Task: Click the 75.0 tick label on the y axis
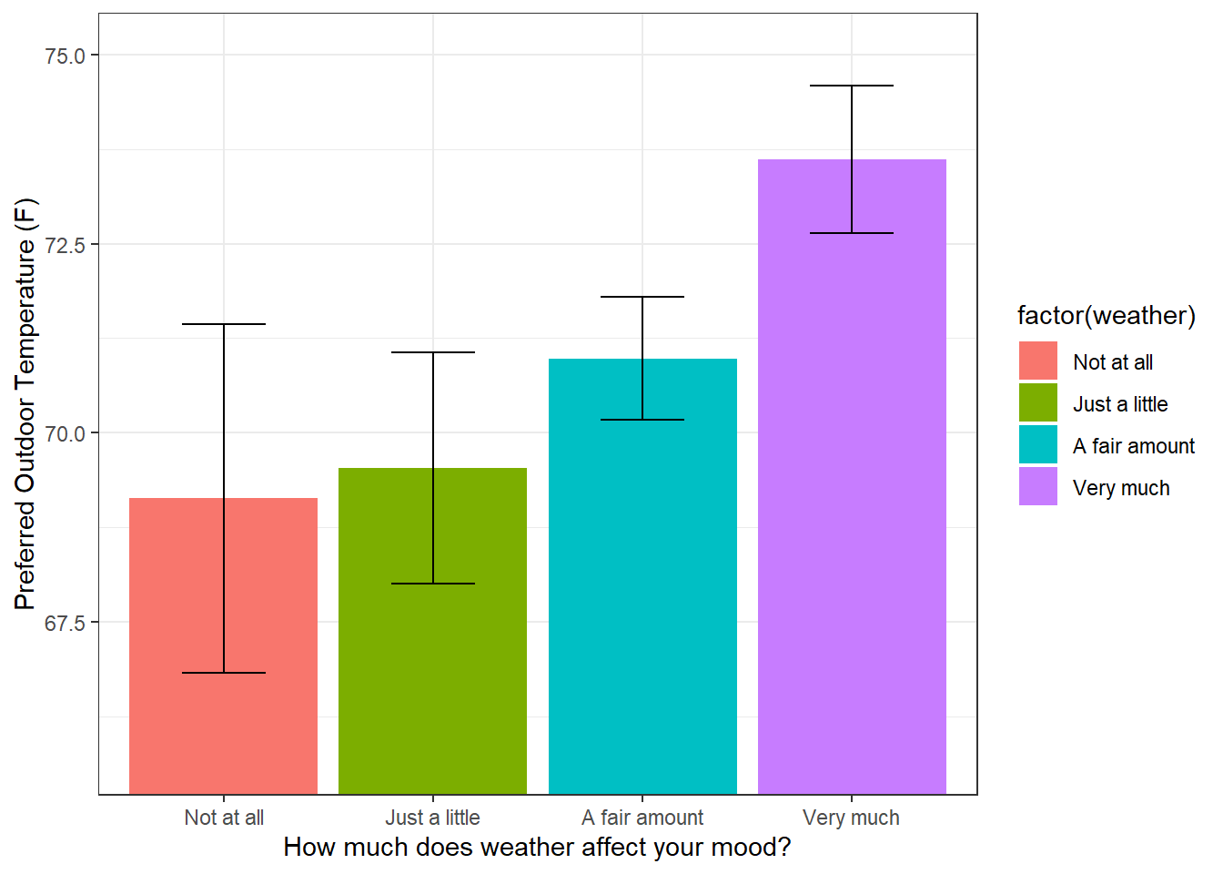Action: pyautogui.click(x=65, y=56)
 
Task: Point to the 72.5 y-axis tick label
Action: pyautogui.click(x=65, y=245)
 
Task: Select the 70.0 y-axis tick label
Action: pyautogui.click(x=65, y=434)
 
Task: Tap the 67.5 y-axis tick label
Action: pyautogui.click(x=65, y=624)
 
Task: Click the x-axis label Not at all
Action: pyautogui.click(x=224, y=818)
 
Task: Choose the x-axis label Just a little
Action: pyautogui.click(x=432, y=818)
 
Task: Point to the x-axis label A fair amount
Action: pyautogui.click(x=642, y=818)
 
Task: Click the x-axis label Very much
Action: pyautogui.click(x=851, y=818)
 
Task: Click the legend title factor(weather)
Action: pyautogui.click(x=1106, y=316)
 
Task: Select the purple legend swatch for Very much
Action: pyautogui.click(x=1038, y=487)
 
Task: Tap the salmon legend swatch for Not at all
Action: pyautogui.click(x=1038, y=361)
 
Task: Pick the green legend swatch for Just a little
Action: pyautogui.click(x=1038, y=402)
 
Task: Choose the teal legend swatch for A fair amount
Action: pyautogui.click(x=1038, y=444)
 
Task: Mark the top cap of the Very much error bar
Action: pyautogui.click(x=852, y=86)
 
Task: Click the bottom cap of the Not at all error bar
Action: pyautogui.click(x=224, y=673)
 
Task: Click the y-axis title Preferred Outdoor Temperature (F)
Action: pyautogui.click(x=25, y=403)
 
